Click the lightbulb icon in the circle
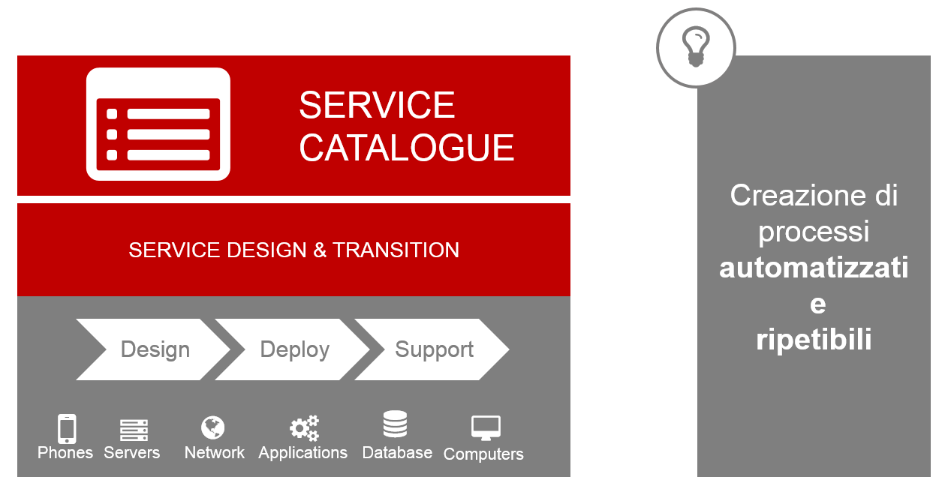pos(696,46)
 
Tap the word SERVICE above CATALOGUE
pos(377,105)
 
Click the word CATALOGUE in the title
pos(406,148)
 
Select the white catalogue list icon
pos(158,124)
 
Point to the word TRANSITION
pos(396,250)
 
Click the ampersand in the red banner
pos(320,250)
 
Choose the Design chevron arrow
pos(153,349)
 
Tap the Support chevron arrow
pos(432,349)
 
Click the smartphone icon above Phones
pos(67,428)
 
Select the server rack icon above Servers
pos(134,430)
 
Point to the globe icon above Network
pos(212,427)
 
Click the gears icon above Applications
pos(305,428)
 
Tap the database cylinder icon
pos(395,424)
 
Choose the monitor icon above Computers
pos(486,428)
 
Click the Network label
pos(215,453)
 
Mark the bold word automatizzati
pos(814,268)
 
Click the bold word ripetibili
pos(814,340)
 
